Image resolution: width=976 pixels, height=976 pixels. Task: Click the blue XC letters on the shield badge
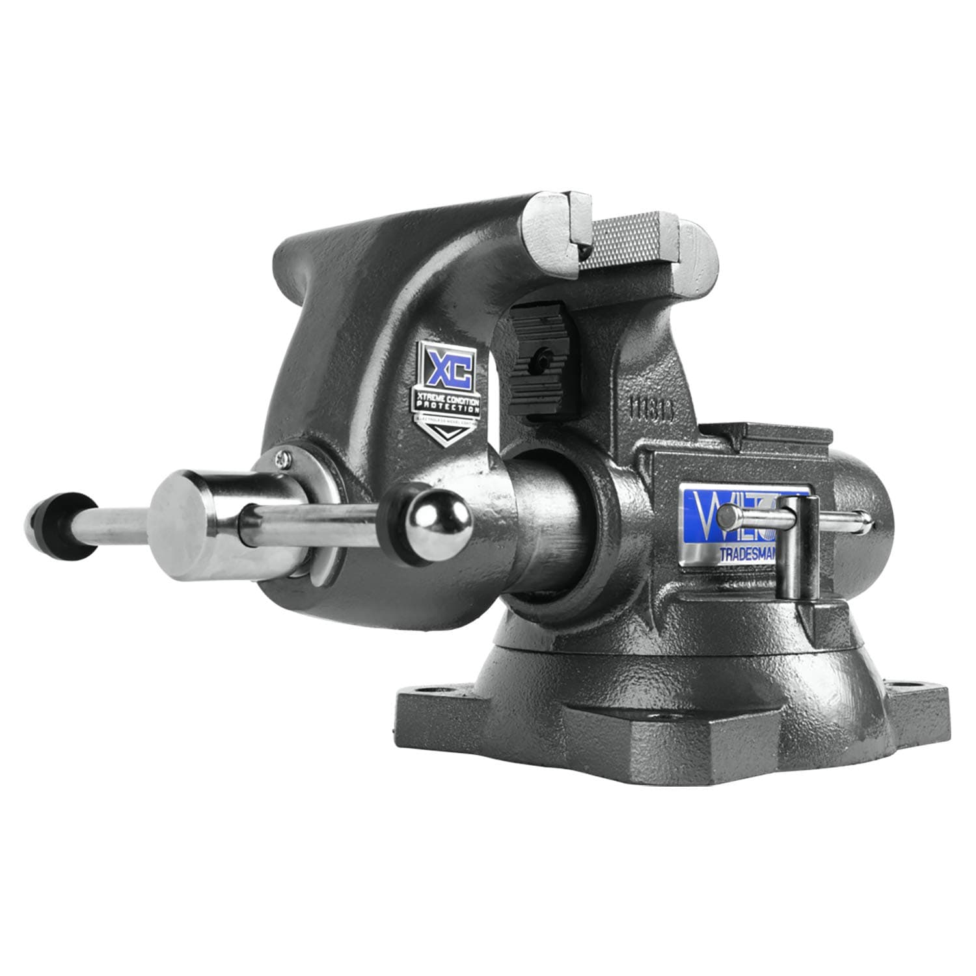[448, 365]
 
